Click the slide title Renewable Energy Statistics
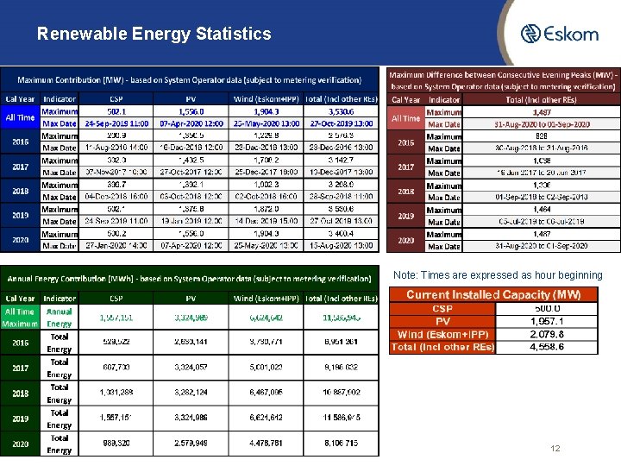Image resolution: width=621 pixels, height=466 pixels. [x=154, y=35]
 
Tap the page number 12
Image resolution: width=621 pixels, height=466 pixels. [x=555, y=449]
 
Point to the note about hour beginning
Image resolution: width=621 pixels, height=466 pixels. [x=498, y=275]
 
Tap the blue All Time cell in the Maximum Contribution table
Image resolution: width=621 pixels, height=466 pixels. [x=20, y=117]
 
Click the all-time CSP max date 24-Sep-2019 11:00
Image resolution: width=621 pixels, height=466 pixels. [x=116, y=123]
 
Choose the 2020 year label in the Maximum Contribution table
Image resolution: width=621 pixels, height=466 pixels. [x=20, y=240]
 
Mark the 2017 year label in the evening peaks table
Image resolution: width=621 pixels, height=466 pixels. [x=405, y=167]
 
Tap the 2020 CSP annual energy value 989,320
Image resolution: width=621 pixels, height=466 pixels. [x=116, y=444]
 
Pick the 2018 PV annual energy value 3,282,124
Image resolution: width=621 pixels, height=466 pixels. [x=191, y=394]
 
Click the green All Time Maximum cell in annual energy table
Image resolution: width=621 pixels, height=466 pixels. [x=20, y=318]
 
